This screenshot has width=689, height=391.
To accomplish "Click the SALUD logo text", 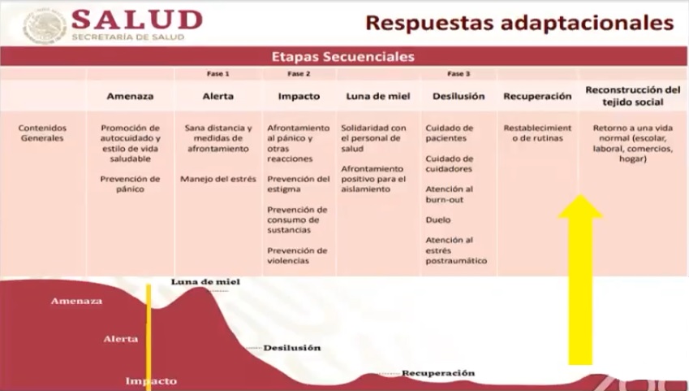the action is tap(136, 20).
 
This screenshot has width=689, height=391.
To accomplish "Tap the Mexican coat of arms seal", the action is tap(45, 26).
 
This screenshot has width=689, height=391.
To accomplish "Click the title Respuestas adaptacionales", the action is tap(519, 23).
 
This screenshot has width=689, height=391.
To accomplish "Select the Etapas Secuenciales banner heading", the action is tap(342, 57).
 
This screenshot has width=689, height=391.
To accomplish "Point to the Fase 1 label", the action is tap(218, 73).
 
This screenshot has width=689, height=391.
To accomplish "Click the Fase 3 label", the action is tap(459, 73).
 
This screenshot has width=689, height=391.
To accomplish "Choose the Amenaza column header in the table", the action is tap(130, 96).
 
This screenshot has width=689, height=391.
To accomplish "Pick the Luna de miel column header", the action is tap(378, 96).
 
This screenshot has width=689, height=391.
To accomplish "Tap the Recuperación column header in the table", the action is tap(537, 96).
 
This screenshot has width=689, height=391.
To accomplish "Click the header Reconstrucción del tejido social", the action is tap(633, 96).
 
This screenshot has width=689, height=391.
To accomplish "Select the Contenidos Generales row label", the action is tap(42, 133).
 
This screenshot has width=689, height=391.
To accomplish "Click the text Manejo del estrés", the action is tap(218, 179).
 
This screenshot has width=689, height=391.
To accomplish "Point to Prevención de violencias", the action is tap(297, 255).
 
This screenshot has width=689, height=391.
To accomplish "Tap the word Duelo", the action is tap(437, 219).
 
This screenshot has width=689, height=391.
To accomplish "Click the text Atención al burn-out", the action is tap(449, 194).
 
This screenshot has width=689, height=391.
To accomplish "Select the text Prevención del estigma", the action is tap(299, 184).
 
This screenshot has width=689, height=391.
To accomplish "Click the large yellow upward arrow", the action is tap(580, 280).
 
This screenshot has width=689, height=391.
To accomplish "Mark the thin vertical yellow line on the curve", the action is tap(149, 337).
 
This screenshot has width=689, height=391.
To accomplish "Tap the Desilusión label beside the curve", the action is tap(292, 348).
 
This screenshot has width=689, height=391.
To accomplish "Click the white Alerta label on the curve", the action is tap(121, 339).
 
